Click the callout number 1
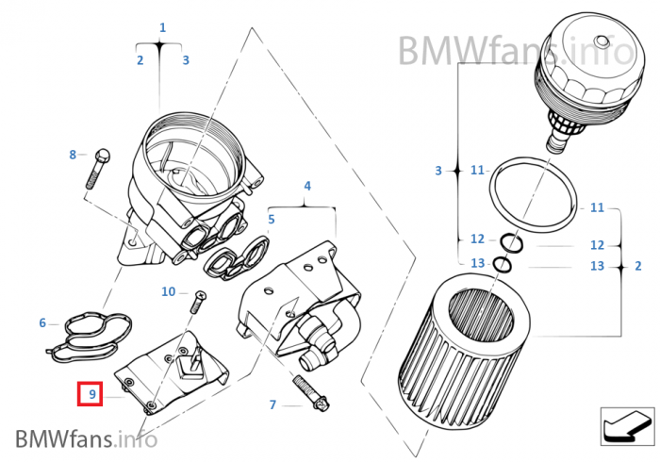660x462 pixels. [x=162, y=28]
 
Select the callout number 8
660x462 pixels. [x=73, y=154]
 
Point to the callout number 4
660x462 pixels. [x=306, y=187]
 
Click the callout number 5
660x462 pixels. [x=271, y=220]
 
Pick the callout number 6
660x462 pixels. [x=42, y=323]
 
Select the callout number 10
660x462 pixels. [x=168, y=292]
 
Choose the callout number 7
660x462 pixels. [x=272, y=405]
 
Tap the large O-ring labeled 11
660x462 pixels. [x=534, y=193]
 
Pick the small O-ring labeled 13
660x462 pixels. [x=503, y=265]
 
